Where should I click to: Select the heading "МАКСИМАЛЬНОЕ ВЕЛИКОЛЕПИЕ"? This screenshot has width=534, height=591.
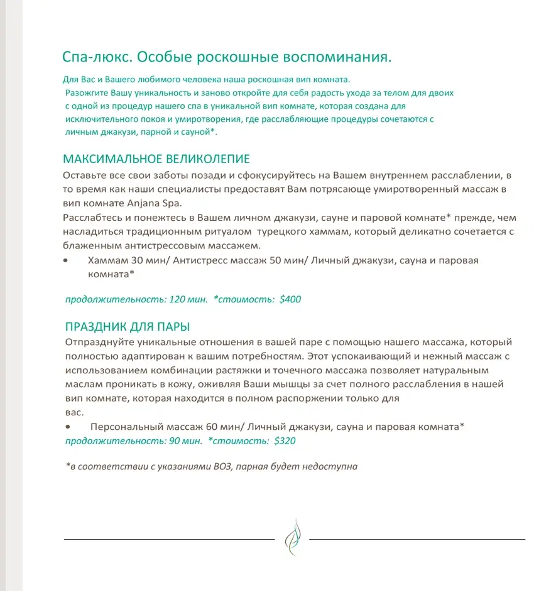(156, 159)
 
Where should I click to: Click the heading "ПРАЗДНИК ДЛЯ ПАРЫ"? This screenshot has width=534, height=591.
(128, 327)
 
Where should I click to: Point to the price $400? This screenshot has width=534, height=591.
(290, 299)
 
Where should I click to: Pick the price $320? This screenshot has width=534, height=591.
(285, 441)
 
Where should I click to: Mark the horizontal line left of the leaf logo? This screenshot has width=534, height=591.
(169, 539)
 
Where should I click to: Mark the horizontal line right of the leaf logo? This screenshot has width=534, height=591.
(417, 539)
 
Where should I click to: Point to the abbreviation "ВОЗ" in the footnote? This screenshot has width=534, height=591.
(219, 467)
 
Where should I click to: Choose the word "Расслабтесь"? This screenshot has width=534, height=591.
(93, 218)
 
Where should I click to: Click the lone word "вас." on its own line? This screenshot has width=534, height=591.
(74, 413)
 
